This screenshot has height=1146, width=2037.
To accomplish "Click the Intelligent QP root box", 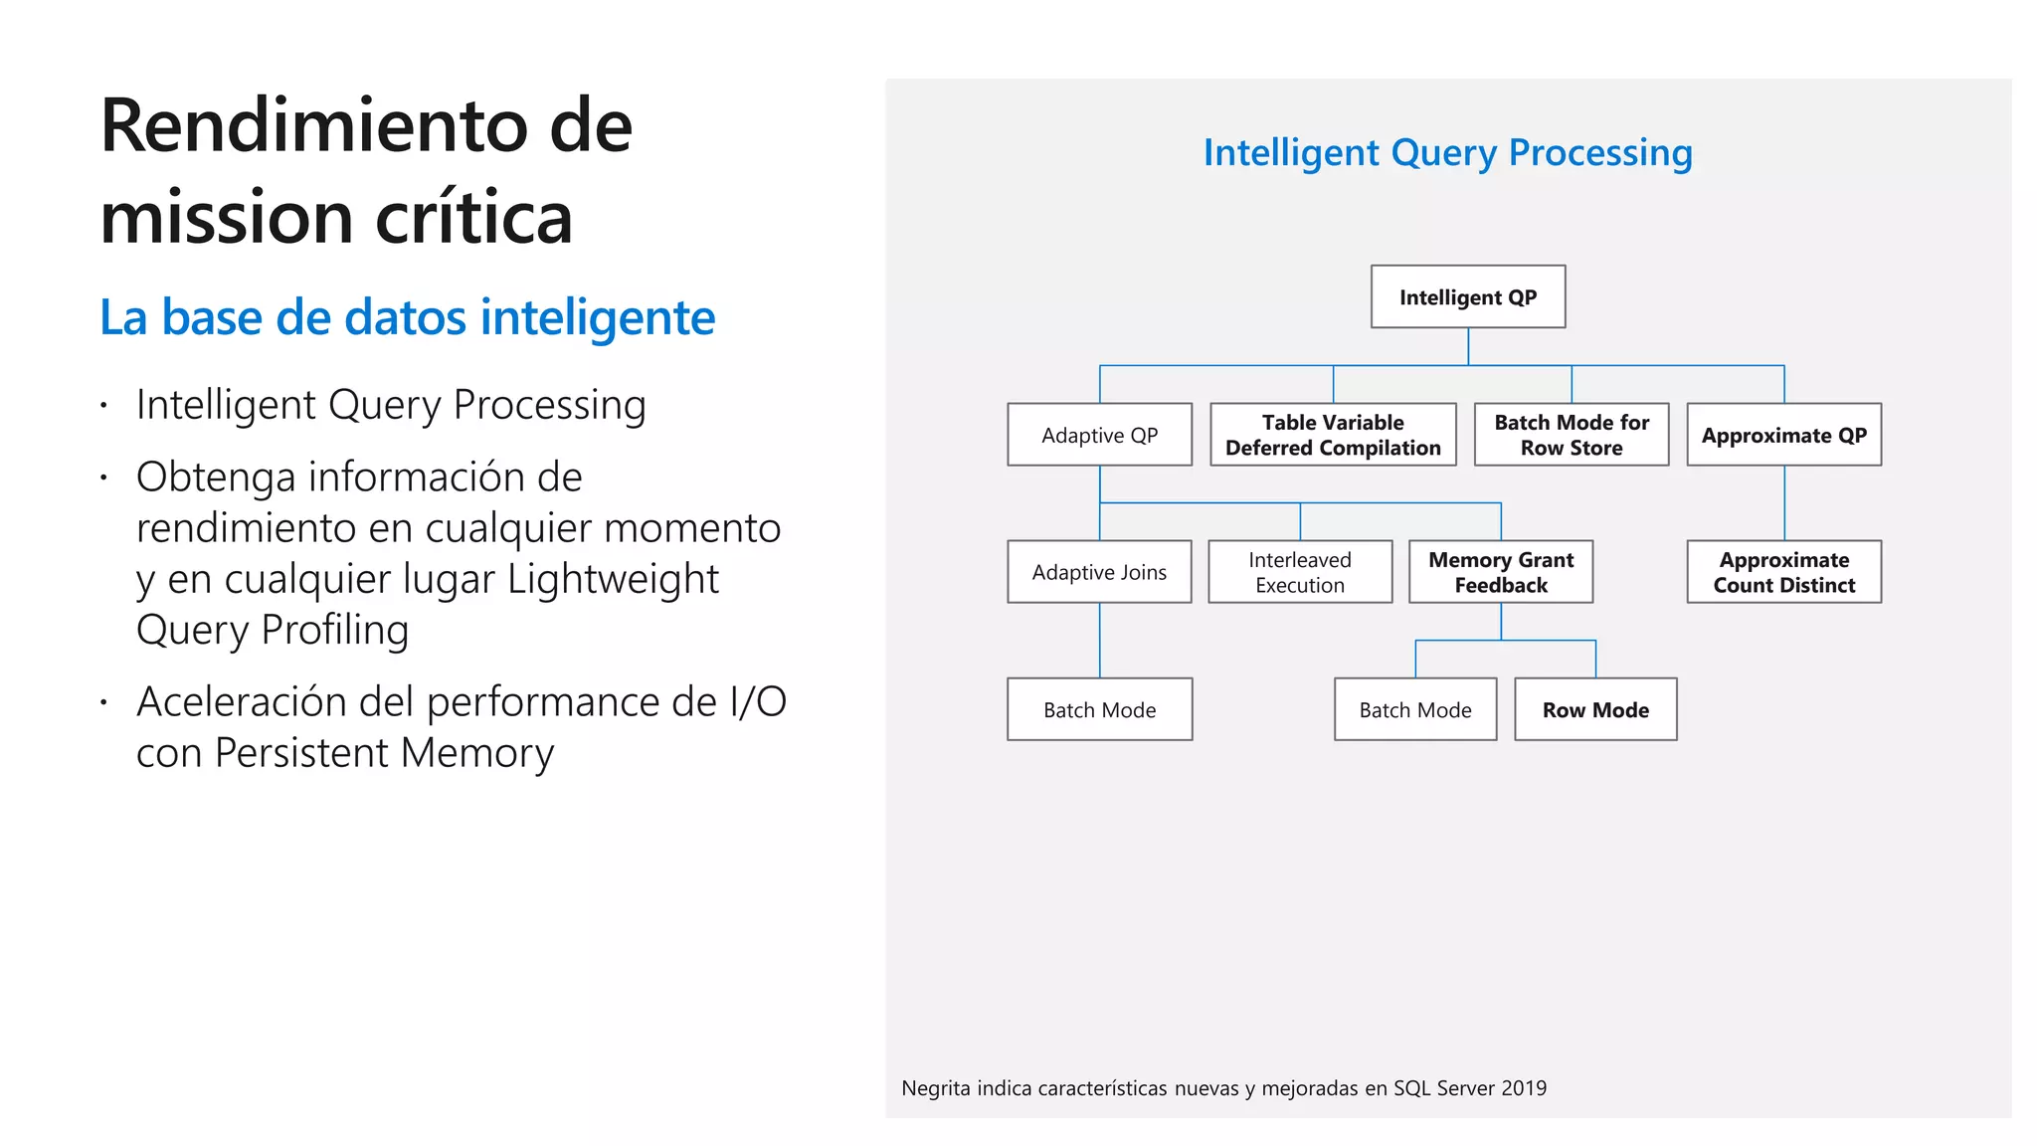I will click(1467, 296).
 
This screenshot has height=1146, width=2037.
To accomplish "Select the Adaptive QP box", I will click(1099, 435).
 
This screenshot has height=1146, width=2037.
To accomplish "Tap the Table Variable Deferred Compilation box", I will click(1333, 435).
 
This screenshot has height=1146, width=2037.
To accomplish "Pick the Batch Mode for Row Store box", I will click(1571, 435).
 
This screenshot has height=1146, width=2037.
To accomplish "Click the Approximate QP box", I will click(1783, 435).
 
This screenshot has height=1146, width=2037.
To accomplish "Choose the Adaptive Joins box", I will click(1099, 572).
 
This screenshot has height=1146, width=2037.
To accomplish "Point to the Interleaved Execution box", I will click(1299, 572).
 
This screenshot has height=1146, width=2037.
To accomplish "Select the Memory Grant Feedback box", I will click(1500, 572).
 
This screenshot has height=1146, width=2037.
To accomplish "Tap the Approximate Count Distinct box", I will click(1783, 572).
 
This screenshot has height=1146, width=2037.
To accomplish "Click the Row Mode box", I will click(1594, 709).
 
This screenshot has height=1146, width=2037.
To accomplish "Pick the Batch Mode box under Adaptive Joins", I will click(1099, 709).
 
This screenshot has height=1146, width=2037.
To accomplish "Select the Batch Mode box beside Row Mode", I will click(1414, 709).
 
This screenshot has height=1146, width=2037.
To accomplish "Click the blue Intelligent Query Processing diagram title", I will click(1447, 153).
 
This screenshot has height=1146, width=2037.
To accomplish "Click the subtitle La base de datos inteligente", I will click(407, 318).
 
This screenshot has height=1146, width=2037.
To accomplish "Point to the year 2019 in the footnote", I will click(1524, 1088).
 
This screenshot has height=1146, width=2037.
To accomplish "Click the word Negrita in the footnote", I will click(935, 1088).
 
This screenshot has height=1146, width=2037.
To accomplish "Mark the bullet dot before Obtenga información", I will click(103, 478).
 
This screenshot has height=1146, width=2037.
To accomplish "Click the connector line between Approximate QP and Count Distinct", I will click(1784, 502).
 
